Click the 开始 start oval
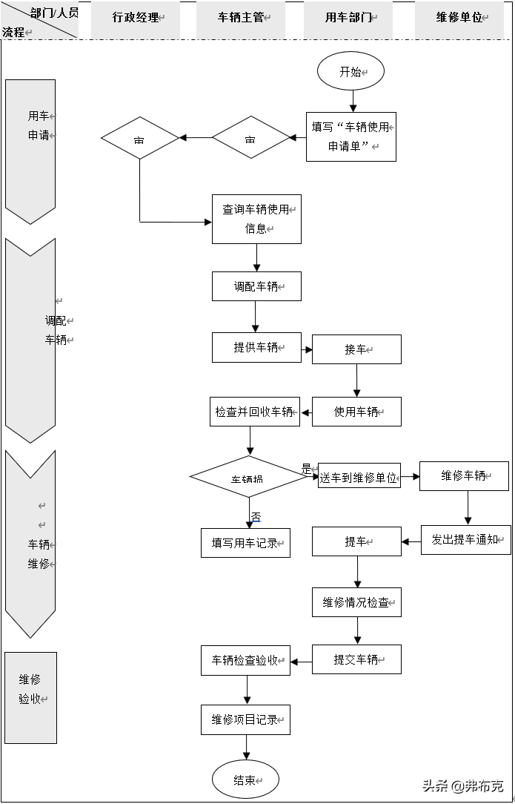350,72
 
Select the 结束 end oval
245,780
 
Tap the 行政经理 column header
136,18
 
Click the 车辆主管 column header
242,18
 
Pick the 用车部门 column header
348,18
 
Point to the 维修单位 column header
459,18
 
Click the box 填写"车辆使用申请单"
350,136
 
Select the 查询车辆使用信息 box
256,219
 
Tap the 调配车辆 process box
256,286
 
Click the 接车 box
356,349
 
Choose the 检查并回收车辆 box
255,412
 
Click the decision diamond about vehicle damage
249,477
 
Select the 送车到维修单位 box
359,478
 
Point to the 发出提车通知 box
466,539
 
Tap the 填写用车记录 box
245,543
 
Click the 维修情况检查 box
356,602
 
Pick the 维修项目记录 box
245,719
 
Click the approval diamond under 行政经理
140,138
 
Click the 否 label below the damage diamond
256,516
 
